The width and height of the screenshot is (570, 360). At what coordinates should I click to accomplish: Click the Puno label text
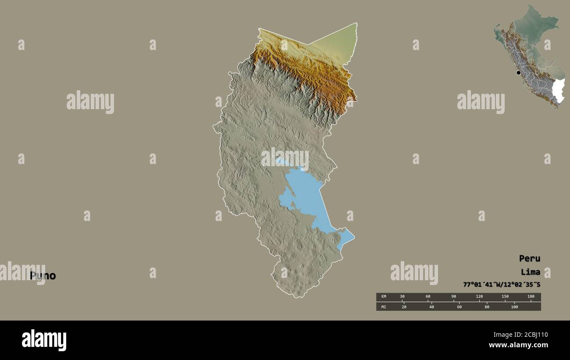43,276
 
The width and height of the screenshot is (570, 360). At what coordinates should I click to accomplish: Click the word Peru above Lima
529,258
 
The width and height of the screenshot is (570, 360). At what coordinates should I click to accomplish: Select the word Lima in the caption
531,272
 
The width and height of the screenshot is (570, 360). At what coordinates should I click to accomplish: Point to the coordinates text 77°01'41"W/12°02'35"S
502,285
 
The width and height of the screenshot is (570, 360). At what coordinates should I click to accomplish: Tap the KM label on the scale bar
383,297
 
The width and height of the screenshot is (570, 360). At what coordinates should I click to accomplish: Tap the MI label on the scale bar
383,307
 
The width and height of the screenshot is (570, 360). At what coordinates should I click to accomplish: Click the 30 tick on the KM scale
403,297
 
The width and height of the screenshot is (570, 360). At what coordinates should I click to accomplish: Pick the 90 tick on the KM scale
454,297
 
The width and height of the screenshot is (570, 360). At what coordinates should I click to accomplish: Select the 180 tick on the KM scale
531,297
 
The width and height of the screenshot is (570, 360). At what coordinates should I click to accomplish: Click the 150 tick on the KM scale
505,297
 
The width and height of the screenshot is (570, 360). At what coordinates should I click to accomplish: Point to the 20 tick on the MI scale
404,307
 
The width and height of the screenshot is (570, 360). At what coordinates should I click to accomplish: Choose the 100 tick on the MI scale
514,307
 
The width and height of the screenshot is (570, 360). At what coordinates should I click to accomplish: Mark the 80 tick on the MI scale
486,307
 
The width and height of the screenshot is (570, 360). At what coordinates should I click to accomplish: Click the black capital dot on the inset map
518,73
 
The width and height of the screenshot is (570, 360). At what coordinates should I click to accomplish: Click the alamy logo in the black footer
44,340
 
